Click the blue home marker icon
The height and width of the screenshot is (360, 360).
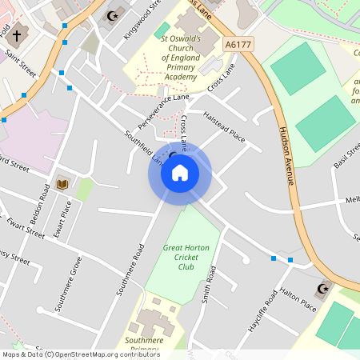click(179, 172)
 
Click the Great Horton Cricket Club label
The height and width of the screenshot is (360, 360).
click(186, 257)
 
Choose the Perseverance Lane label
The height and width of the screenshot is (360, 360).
click(163, 111)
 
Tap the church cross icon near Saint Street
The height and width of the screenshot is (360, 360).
click(18, 34)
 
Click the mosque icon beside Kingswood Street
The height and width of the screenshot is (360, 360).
click(111, 15)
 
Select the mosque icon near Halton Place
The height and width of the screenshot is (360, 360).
click(323, 288)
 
